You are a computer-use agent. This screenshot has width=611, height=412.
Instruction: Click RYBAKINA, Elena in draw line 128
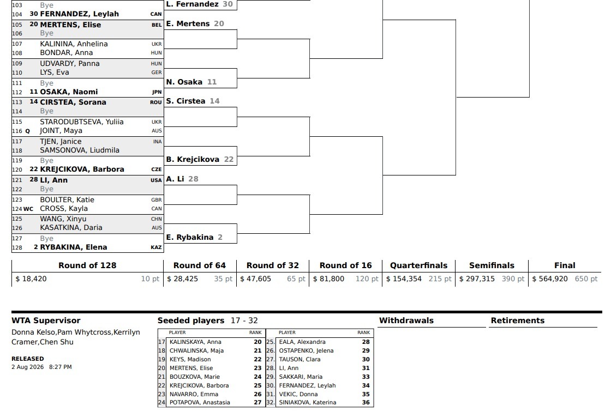pyautogui.click(x=74, y=247)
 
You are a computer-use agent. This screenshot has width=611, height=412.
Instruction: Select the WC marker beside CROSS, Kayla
pyautogui.click(x=28, y=209)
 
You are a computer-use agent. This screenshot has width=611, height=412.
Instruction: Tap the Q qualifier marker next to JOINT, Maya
pyautogui.click(x=27, y=131)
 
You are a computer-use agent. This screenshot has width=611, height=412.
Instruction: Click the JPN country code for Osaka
pyautogui.click(x=157, y=92)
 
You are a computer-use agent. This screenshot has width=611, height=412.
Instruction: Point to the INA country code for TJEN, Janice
pyautogui.click(x=158, y=142)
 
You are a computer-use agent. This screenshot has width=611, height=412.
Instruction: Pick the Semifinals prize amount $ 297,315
pyautogui.click(x=477, y=279)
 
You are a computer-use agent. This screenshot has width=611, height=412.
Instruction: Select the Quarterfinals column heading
pyautogui.click(x=419, y=265)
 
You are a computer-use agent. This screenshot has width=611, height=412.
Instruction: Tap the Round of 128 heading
pyautogui.click(x=87, y=265)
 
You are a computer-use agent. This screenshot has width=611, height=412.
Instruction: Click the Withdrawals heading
pyautogui.click(x=406, y=320)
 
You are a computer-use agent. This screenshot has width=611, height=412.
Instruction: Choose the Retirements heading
pyautogui.click(x=518, y=320)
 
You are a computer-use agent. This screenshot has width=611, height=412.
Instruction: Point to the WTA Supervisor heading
pyautogui.click(x=46, y=320)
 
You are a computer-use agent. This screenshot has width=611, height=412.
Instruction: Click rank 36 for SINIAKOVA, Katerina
pyautogui.click(x=366, y=402)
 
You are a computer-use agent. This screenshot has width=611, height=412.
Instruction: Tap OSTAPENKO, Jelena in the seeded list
pyautogui.click(x=306, y=350)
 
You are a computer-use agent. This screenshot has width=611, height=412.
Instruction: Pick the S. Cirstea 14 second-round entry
pyautogui.click(x=193, y=101)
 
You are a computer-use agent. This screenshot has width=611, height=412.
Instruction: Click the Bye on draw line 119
pyautogui.click(x=47, y=161)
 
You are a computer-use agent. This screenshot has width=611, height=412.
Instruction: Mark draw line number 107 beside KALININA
pyautogui.click(x=17, y=44)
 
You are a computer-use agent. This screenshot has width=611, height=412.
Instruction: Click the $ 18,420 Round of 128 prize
pyautogui.click(x=31, y=279)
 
